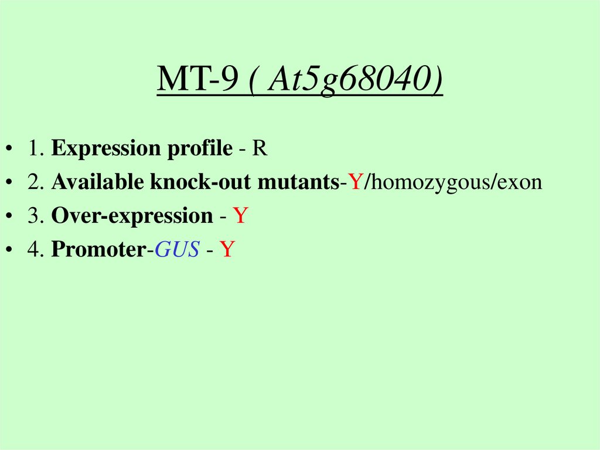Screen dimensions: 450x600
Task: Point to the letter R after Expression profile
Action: coord(260,149)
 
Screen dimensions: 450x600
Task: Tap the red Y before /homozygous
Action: coord(356,182)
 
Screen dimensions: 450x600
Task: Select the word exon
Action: coord(520,182)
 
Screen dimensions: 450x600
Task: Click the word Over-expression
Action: coord(132,216)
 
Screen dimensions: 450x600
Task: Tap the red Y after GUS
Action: coord(227,250)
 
